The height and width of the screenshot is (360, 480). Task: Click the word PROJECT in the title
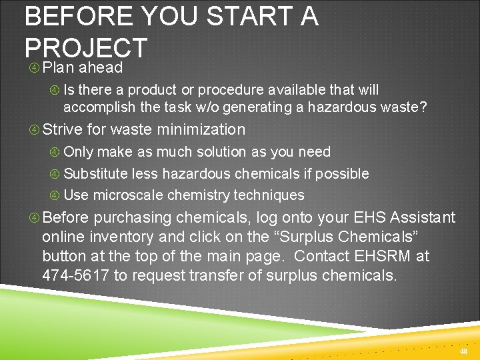[x=85, y=48]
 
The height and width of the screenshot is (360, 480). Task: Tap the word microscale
[x=128, y=195]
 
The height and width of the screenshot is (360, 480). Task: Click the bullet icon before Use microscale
[x=55, y=195]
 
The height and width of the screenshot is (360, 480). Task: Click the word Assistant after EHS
[x=423, y=217]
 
